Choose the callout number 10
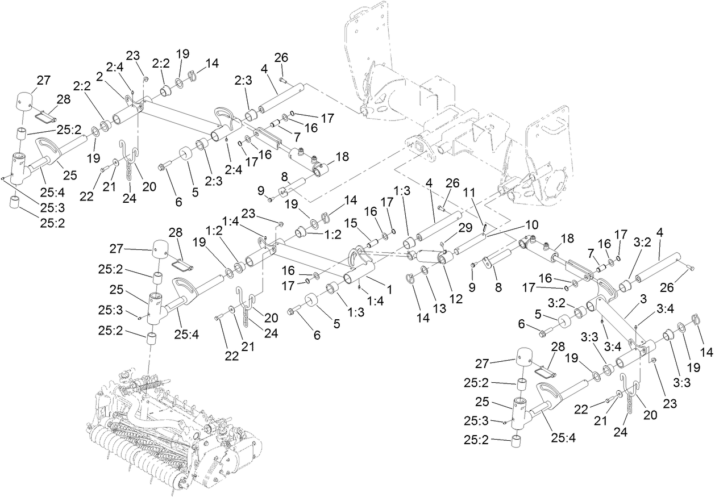pos(531,225)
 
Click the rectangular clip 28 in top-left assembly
pos(43,117)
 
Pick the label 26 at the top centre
pos(281,57)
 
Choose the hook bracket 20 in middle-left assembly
pos(243,298)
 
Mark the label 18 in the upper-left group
pos(343,156)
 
